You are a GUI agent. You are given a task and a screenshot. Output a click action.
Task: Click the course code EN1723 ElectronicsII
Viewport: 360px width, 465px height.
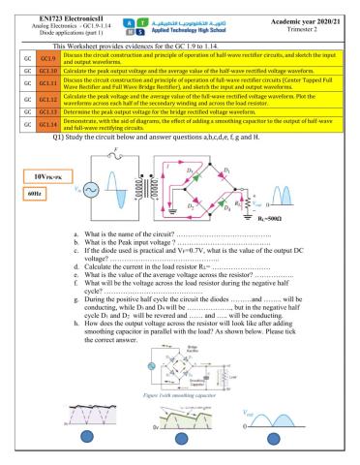click(56, 8)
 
